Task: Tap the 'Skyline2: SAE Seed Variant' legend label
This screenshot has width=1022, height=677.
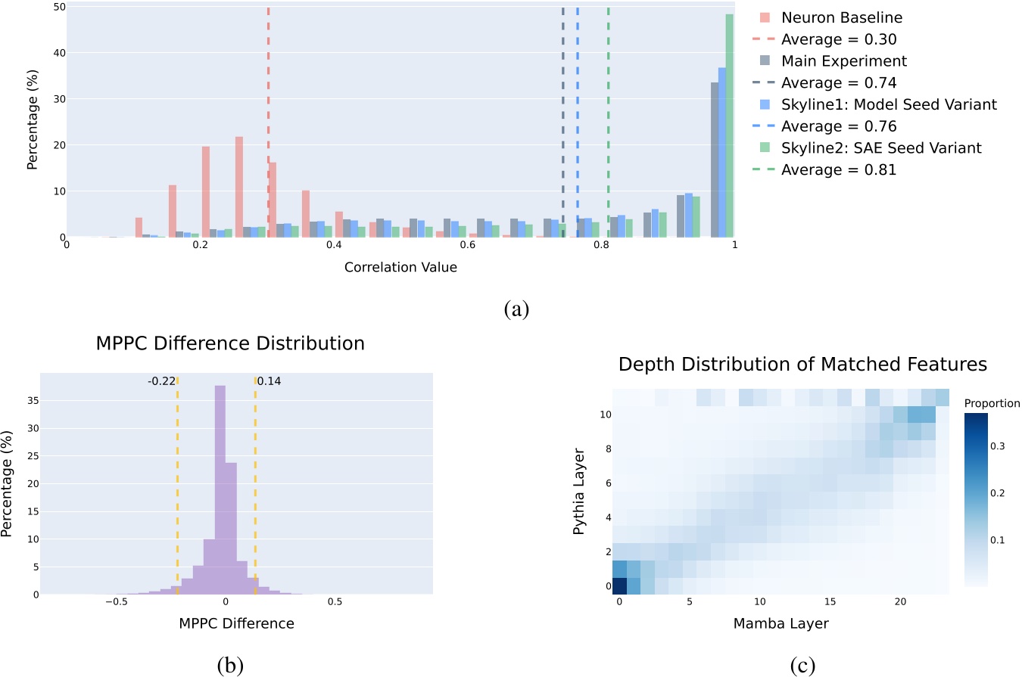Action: tap(881, 148)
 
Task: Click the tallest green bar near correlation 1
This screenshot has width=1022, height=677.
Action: tap(730, 126)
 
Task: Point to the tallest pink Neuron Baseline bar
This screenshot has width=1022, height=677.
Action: tap(239, 186)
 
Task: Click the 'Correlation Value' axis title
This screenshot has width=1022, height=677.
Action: tap(400, 268)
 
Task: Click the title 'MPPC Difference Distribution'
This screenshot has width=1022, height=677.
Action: tap(230, 343)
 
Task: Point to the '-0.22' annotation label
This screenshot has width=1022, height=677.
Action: tap(161, 381)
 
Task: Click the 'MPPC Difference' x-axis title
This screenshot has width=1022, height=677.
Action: tap(236, 624)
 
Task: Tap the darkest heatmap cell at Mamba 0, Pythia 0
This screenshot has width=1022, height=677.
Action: tap(619, 586)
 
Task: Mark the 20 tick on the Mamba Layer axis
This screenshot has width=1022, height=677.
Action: tap(899, 602)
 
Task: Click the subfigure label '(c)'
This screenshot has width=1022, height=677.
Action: tap(802, 665)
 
